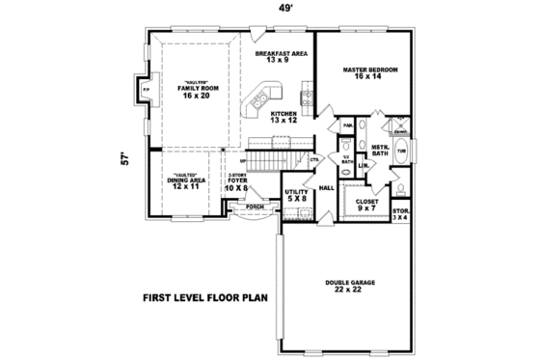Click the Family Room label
click(192, 92)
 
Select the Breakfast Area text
click(282, 57)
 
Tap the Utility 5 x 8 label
click(297, 196)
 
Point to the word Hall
click(326, 188)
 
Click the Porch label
click(255, 207)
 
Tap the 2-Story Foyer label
click(237, 180)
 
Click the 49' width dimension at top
click(286, 9)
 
